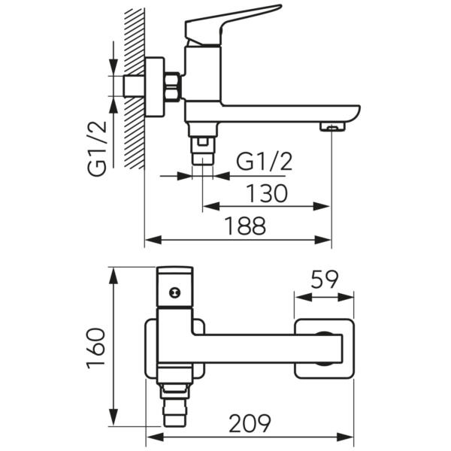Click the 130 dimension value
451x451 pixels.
[267, 194]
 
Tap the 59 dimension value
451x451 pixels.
[324, 280]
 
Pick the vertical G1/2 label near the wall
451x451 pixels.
[98, 150]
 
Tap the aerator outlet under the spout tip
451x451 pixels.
[331, 127]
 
